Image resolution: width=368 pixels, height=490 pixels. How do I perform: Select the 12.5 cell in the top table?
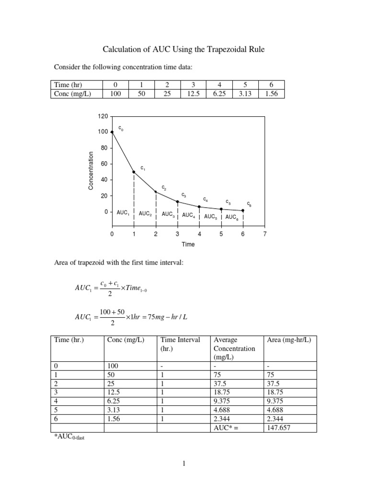pos(192,93)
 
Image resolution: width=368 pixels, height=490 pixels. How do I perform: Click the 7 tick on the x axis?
pos(264,234)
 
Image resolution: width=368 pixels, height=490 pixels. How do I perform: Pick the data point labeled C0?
pos(112,132)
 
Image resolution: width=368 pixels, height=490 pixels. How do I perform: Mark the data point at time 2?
pos(156,192)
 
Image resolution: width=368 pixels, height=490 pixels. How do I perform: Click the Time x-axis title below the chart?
pos(188,244)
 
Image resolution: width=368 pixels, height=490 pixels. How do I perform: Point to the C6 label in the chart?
pos(249,204)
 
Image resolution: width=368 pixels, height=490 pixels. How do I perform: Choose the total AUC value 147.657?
pos(279,428)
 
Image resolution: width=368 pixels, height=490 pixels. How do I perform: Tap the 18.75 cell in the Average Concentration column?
pos(222,391)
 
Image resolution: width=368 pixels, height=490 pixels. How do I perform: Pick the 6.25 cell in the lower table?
pos(114,401)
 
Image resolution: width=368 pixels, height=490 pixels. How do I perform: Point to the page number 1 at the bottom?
pos(184,463)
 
